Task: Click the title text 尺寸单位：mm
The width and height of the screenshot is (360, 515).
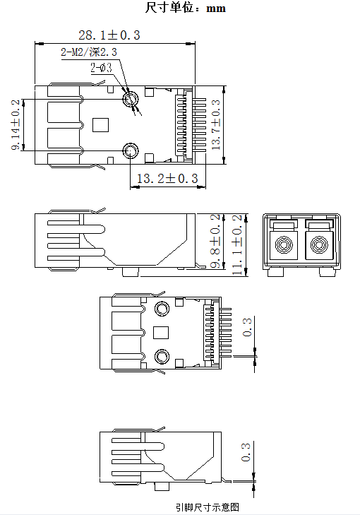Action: [x=185, y=8]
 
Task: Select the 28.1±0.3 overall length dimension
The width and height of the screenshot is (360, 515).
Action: [x=109, y=35]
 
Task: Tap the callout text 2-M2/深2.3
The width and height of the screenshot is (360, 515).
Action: [x=89, y=52]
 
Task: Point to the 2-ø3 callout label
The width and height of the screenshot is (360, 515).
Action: [x=100, y=68]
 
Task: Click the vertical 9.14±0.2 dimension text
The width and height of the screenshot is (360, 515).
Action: [x=16, y=124]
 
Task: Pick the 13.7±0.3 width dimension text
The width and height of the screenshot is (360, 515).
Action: [x=215, y=124]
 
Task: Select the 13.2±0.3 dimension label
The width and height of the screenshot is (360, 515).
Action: [x=167, y=179]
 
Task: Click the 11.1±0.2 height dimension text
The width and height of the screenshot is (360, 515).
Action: [x=237, y=244]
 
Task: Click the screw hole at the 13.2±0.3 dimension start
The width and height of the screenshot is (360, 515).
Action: [x=131, y=150]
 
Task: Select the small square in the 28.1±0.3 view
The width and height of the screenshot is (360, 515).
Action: [x=101, y=125]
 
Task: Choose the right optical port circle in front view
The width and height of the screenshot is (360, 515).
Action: [x=318, y=247]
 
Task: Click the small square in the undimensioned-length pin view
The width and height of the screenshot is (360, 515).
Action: [x=161, y=333]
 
